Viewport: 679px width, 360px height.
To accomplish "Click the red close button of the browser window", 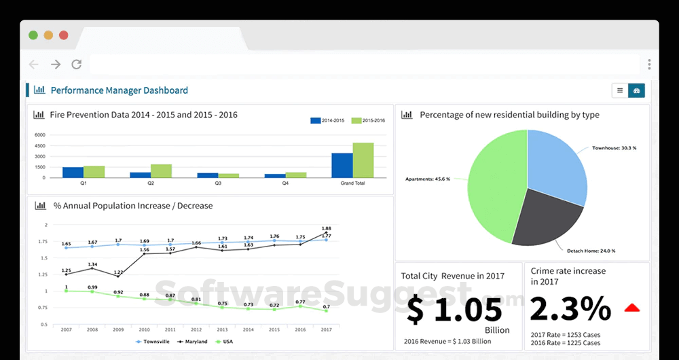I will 63,35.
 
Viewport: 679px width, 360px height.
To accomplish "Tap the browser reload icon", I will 77,65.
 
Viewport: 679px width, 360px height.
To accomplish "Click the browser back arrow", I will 33,65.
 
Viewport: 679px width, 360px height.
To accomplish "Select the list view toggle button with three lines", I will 620,90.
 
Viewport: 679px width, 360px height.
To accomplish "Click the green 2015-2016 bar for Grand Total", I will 363,160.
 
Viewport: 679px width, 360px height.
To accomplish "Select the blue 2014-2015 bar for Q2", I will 141,175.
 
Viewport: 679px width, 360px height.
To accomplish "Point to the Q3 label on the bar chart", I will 218,183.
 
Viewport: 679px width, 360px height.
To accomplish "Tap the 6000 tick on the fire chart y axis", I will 39,134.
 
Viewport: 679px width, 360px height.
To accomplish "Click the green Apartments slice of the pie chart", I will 489,183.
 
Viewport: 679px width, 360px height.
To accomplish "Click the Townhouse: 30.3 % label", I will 614,147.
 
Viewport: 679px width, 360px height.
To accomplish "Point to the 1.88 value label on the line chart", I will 326,228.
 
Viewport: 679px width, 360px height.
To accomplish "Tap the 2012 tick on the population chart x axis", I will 196,329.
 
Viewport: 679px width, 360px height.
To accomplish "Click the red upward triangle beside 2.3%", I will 632,308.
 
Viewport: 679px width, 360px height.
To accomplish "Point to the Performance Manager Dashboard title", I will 120,90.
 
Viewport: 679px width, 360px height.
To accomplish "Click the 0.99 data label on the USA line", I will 92,287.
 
